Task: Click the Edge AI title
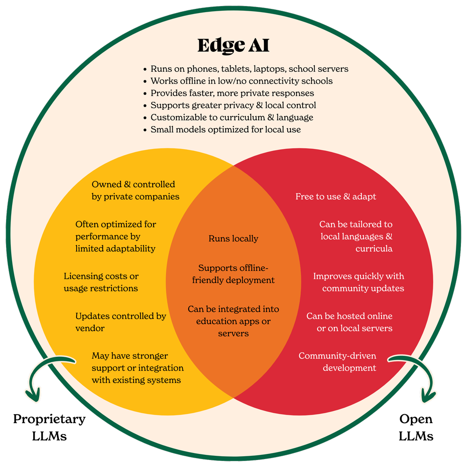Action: point(233,45)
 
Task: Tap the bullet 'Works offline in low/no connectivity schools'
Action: point(241,81)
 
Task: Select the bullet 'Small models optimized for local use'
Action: point(226,129)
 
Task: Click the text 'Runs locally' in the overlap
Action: point(233,239)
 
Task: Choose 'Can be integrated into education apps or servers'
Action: point(233,321)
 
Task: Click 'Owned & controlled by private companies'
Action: point(135,191)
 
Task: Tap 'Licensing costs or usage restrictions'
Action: point(101,282)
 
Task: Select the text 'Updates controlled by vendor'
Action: point(120,322)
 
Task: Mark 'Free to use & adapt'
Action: point(335,197)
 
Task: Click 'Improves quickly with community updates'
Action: point(358,282)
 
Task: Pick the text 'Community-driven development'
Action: point(337,362)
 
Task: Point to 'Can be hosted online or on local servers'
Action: point(349,322)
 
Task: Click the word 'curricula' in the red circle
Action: point(374,248)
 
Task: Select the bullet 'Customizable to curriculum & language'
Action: point(232,117)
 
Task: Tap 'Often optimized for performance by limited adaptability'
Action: point(115,236)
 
